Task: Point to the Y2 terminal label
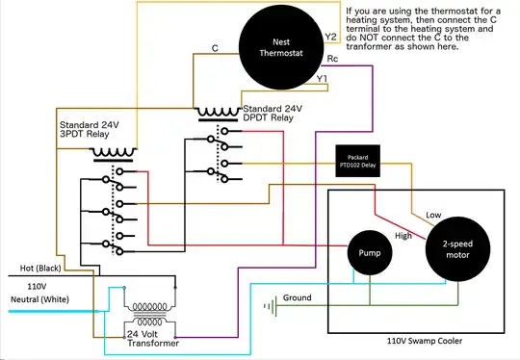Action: [x=330, y=38]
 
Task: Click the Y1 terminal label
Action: [x=323, y=78]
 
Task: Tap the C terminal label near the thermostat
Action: [x=214, y=46]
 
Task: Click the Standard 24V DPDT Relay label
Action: [x=278, y=115]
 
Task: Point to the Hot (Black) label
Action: [x=37, y=269]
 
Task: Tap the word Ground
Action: [x=297, y=298]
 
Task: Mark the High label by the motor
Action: [x=403, y=235]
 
